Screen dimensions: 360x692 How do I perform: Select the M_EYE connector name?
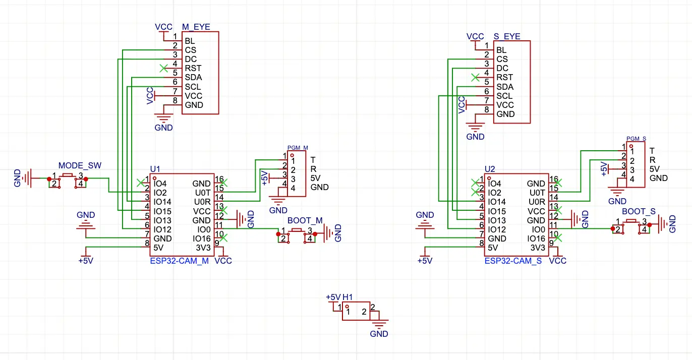pyautogui.click(x=195, y=27)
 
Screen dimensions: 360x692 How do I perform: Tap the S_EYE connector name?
pyautogui.click(x=506, y=37)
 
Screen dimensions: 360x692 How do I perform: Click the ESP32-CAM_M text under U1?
pyautogui.click(x=179, y=261)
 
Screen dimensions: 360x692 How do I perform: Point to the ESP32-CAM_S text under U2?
pyautogui.click(x=513, y=261)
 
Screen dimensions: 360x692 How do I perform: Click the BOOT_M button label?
pyautogui.click(x=305, y=221)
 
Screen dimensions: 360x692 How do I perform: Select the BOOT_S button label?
pyautogui.click(x=639, y=212)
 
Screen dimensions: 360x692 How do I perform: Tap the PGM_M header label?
pyautogui.click(x=298, y=148)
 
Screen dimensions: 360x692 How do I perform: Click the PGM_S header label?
pyautogui.click(x=636, y=138)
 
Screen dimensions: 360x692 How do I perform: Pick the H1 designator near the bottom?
pyautogui.click(x=348, y=297)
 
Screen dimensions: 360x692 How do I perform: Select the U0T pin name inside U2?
pyautogui.click(x=536, y=193)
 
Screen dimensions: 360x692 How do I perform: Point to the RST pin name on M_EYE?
pyautogui.click(x=193, y=68)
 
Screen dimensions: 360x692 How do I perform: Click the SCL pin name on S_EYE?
pyautogui.click(x=504, y=96)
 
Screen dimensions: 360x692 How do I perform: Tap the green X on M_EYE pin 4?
pyautogui.click(x=163, y=68)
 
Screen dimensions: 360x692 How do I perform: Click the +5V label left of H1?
pyautogui.click(x=333, y=297)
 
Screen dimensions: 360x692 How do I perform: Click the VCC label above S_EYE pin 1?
pyautogui.click(x=475, y=37)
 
